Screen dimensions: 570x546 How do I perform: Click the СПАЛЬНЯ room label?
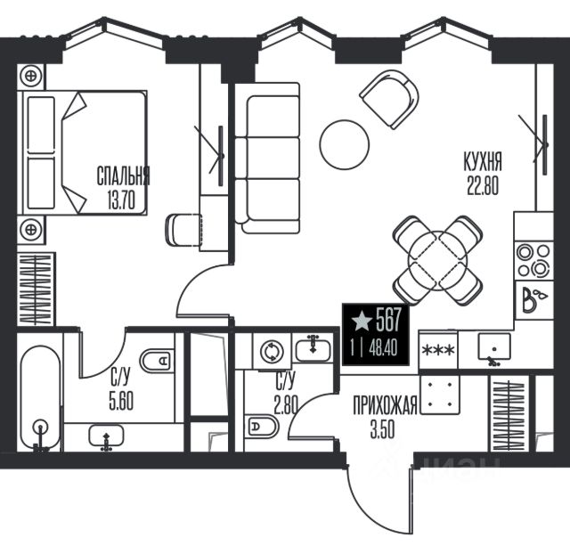(x=123, y=176)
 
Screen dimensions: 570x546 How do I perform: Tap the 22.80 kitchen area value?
(x=483, y=185)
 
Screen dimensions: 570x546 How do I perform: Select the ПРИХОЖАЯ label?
(x=385, y=405)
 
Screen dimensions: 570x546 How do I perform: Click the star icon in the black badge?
(x=362, y=321)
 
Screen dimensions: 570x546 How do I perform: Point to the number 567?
(x=388, y=320)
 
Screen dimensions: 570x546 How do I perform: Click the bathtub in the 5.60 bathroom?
(x=40, y=397)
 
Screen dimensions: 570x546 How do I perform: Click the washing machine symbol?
(x=272, y=352)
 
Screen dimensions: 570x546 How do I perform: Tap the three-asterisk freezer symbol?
(x=438, y=350)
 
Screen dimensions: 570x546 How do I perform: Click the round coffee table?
(x=345, y=144)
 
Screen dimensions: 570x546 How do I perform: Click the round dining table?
(x=437, y=261)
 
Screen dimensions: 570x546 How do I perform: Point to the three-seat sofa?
(x=267, y=159)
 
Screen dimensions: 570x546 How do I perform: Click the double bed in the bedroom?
(x=85, y=152)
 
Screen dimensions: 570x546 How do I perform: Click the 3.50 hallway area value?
(x=382, y=429)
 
